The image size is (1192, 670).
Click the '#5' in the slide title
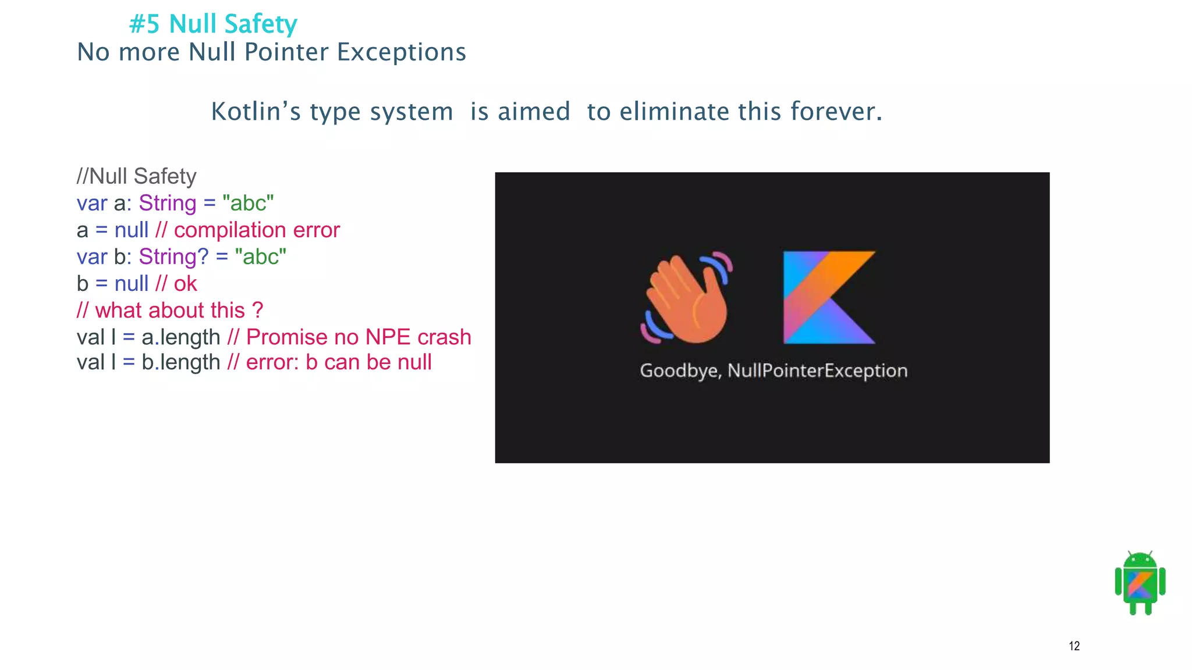(x=144, y=24)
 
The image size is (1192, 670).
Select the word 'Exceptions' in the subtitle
(x=402, y=52)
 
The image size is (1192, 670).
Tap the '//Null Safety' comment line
(x=137, y=176)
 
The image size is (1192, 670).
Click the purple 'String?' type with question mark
(x=173, y=256)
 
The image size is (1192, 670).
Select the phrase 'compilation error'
(x=257, y=230)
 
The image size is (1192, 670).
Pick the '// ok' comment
(x=176, y=284)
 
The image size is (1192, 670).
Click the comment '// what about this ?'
(x=170, y=311)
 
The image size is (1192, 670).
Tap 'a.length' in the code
(x=180, y=337)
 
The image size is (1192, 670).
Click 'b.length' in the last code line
(x=180, y=362)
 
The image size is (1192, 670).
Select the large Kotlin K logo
(x=828, y=297)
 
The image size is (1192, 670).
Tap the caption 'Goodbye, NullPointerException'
(x=774, y=370)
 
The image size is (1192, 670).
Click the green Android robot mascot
(x=1140, y=583)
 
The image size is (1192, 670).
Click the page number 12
(x=1074, y=646)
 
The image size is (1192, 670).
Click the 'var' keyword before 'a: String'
(x=92, y=204)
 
